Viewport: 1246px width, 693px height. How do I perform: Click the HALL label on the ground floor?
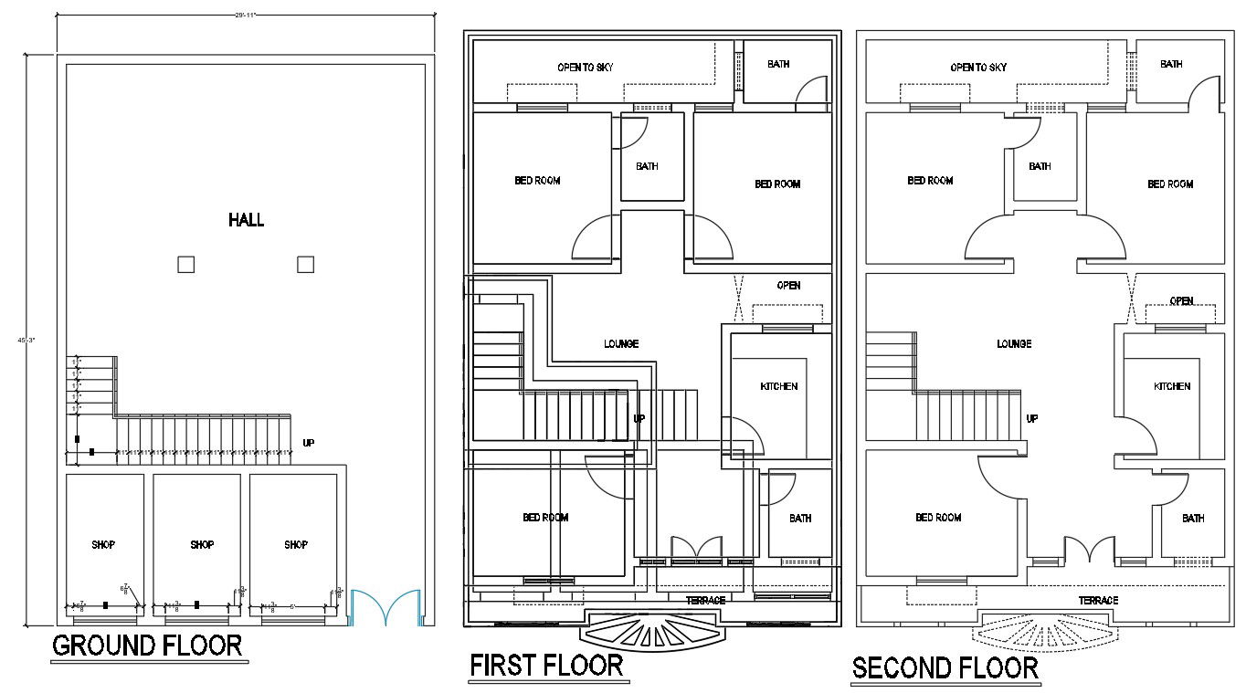coord(246,220)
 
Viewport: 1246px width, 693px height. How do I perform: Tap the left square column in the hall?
coord(185,265)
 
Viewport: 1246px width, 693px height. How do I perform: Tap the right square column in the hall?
coord(305,265)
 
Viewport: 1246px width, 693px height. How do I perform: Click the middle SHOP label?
coord(202,545)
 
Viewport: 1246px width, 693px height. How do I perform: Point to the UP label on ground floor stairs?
coord(309,443)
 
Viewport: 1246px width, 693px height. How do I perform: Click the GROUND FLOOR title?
coord(147,646)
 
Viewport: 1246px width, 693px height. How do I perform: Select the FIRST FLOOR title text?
coord(546,666)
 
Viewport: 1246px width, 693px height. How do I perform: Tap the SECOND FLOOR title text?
coord(945,668)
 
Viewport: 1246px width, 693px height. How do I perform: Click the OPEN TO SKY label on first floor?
coord(586,68)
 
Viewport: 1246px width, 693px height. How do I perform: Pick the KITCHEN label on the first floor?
coord(778,386)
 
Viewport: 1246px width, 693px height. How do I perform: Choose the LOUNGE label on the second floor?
coord(1014,344)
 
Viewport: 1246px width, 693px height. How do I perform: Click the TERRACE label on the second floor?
coord(1098,601)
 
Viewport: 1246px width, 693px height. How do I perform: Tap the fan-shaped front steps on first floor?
coord(652,630)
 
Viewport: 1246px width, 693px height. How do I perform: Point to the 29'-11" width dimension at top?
coord(245,14)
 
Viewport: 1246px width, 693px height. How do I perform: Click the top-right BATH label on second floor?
coord(1171,64)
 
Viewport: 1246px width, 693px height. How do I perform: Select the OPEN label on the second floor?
coord(1181,300)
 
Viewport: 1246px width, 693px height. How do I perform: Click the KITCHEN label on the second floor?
coord(1172,386)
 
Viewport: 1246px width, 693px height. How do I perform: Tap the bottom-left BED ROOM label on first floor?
coord(545,518)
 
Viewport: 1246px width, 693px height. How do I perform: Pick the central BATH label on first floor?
coord(647,166)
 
